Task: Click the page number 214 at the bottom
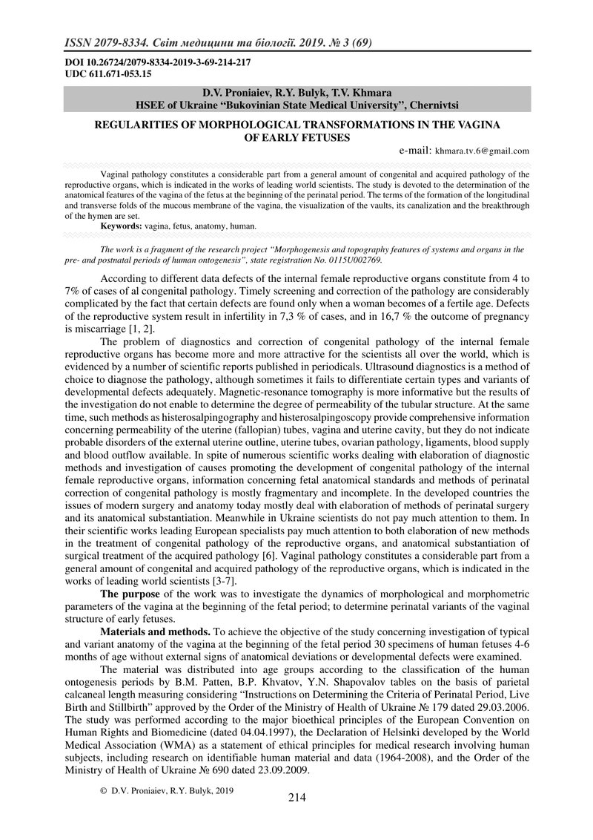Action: pos(296,798)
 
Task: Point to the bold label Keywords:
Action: pos(122,224)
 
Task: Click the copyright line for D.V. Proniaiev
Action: pos(167,791)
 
